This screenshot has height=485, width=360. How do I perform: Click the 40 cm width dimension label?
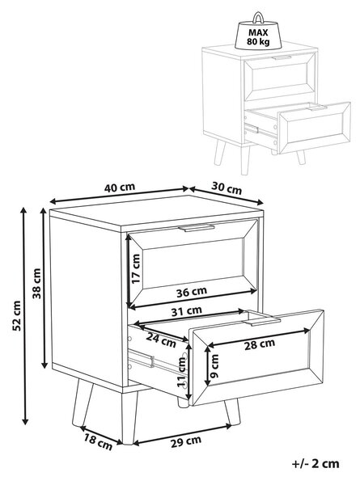pyautogui.click(x=120, y=188)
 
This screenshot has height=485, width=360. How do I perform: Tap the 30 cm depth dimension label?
pyautogui.click(x=227, y=188)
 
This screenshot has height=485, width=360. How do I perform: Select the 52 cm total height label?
pyautogui.click(x=17, y=315)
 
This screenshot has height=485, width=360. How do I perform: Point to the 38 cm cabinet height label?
pyautogui.click(x=37, y=284)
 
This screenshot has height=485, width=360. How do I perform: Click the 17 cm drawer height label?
pyautogui.click(x=135, y=268)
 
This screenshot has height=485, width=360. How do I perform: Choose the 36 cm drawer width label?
pyautogui.click(x=192, y=292)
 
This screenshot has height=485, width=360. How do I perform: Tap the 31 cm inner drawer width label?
pyautogui.click(x=187, y=311)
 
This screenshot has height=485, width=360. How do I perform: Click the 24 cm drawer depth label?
pyautogui.click(x=161, y=340)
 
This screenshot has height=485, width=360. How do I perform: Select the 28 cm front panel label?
pyautogui.click(x=260, y=344)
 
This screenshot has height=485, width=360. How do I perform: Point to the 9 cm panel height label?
pyautogui.click(x=214, y=366)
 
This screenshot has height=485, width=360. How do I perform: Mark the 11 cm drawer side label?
pyautogui.click(x=181, y=372)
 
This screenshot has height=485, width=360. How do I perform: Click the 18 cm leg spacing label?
pyautogui.click(x=98, y=442)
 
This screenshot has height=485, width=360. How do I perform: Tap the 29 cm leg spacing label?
pyautogui.click(x=186, y=441)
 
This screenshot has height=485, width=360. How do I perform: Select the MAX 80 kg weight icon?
pyautogui.click(x=258, y=31)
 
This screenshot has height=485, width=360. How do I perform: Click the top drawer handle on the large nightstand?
pyautogui.click(x=197, y=227)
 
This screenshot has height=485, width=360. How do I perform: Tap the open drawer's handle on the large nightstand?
pyautogui.click(x=261, y=321)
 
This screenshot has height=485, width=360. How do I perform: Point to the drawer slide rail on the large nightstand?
pyautogui.click(x=142, y=358)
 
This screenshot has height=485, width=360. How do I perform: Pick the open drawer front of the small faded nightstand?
pyautogui.click(x=315, y=127)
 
